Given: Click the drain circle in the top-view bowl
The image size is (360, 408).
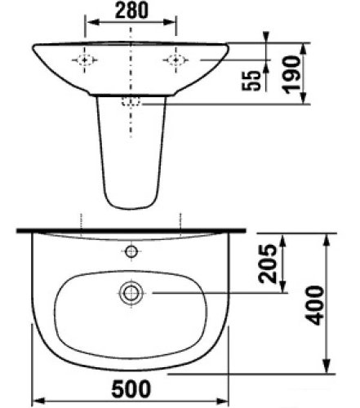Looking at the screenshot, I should (131, 291).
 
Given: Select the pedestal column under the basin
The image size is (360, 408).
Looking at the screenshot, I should (131, 155).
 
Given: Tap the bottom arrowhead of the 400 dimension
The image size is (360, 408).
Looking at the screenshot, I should (327, 367).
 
